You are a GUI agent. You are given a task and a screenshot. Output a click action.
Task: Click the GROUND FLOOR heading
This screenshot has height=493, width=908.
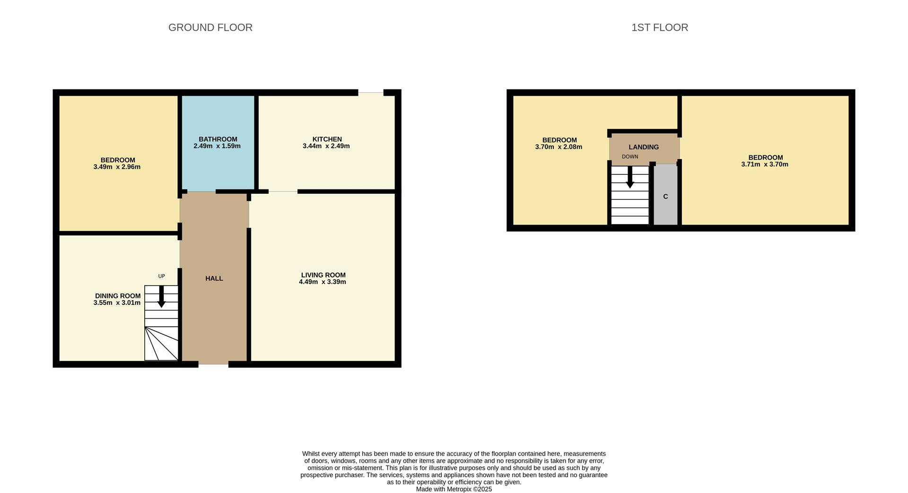point(210,27)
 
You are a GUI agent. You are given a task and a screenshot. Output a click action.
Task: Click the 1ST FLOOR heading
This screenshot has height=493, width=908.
point(660,27)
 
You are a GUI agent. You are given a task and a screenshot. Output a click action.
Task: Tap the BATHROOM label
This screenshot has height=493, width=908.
point(218,139)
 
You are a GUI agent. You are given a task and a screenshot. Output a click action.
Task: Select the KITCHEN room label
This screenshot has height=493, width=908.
point(327,139)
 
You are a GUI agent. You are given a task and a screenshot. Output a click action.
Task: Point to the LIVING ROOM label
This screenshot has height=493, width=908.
point(323,275)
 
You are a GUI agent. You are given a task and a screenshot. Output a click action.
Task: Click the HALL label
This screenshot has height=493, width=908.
point(214,278)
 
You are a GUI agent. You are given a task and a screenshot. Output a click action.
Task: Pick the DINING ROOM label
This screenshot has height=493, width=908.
point(118,296)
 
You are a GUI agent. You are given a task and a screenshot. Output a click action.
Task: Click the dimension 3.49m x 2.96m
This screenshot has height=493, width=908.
point(117,167)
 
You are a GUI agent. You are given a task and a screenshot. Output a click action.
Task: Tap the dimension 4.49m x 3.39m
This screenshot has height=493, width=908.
point(323,282)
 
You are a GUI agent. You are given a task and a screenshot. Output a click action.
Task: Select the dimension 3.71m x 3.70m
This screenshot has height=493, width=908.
point(765,164)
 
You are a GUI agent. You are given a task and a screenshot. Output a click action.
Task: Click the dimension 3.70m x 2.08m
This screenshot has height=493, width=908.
point(559,147)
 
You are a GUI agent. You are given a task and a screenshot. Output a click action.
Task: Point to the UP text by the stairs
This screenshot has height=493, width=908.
point(162,276)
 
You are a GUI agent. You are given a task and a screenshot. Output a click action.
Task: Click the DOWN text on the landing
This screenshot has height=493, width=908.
point(630,157)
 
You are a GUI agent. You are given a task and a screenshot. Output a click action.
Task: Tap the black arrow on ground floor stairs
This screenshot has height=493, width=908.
point(161,296)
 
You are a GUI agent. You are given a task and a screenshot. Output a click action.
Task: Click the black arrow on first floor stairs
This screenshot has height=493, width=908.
point(630,177)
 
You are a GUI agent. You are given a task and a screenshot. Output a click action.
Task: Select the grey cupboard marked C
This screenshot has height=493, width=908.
point(665,194)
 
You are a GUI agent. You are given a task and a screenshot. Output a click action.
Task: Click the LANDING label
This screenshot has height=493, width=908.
point(644,147)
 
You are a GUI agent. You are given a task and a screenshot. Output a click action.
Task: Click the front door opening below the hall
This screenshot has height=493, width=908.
point(213,364)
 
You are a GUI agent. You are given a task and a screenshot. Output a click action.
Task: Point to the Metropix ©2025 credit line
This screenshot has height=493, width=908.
point(454,489)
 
